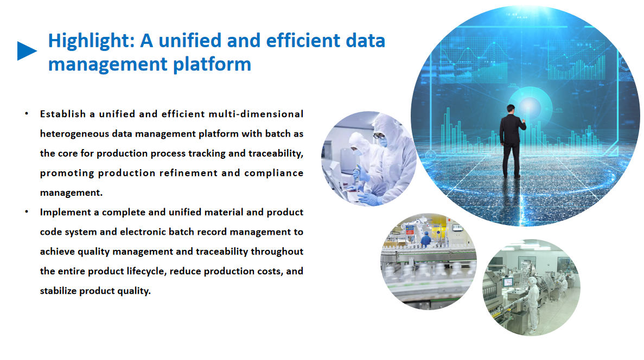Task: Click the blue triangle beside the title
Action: [x=26, y=51]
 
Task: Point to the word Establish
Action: [x=63, y=114]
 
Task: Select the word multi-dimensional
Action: [x=256, y=114]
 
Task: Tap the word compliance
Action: [x=274, y=173]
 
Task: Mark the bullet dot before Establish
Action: [x=27, y=113]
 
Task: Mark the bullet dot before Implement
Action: [x=27, y=212]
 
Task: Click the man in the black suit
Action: [x=512, y=141]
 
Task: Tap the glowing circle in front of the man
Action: [x=530, y=106]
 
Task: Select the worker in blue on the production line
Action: [x=426, y=239]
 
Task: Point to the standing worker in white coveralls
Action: [x=533, y=304]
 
